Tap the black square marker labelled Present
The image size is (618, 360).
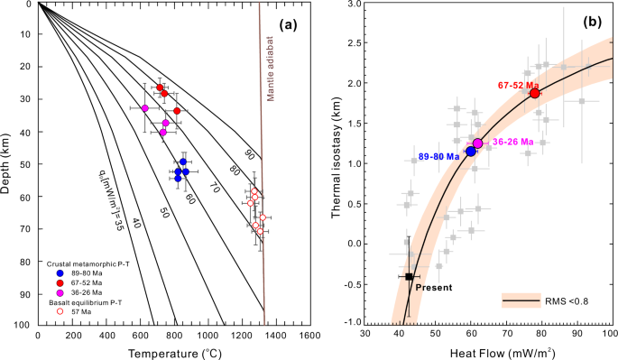(x=409, y=277)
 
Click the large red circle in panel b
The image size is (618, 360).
(x=535, y=93)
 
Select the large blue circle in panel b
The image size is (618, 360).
(x=470, y=151)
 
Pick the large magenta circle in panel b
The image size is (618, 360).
(x=478, y=143)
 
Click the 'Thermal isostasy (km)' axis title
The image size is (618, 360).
(x=337, y=162)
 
